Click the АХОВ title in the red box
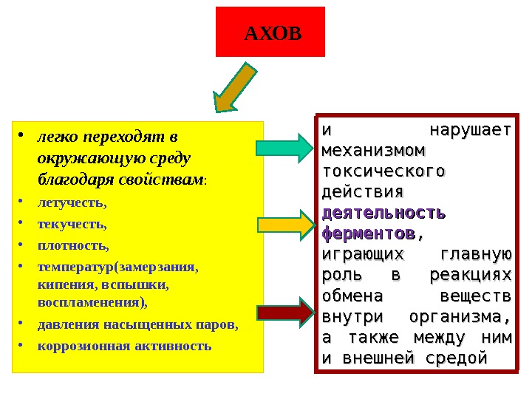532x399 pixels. point(273,33)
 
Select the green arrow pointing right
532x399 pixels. point(284,148)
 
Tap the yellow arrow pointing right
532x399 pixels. point(284,225)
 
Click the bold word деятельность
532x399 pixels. point(384,213)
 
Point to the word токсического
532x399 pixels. point(384,171)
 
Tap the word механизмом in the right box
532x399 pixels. point(374,150)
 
